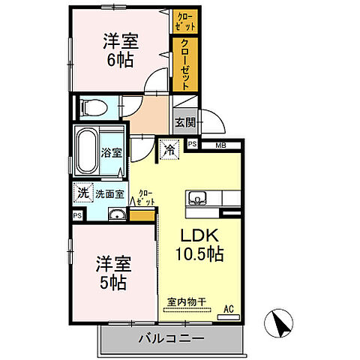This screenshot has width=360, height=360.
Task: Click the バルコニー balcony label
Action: [172, 339]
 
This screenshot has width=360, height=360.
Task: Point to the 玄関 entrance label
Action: [184, 121]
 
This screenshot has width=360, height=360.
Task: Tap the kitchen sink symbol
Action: [198, 199]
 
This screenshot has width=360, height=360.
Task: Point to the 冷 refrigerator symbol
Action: [169, 150]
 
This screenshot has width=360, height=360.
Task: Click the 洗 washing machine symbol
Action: [82, 193]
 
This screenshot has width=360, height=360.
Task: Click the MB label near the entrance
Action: [220, 145]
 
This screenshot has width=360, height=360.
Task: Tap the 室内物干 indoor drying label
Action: [186, 303]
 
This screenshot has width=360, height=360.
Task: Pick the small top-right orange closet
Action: [184, 20]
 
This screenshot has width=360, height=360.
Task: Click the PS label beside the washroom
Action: [78, 215]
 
